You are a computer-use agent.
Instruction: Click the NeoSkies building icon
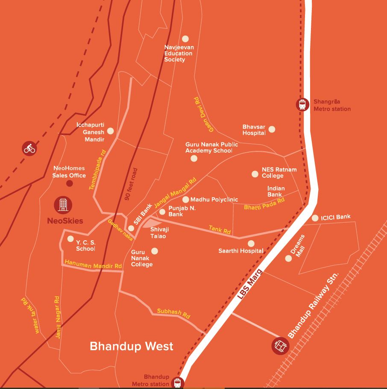(x=63, y=205)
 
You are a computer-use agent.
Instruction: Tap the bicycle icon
(x=29, y=149)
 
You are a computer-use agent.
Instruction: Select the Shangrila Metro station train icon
(x=303, y=104)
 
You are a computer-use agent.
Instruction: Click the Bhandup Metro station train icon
(x=177, y=383)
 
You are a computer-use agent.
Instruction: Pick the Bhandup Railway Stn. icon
(x=280, y=345)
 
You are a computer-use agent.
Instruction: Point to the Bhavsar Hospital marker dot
(x=272, y=129)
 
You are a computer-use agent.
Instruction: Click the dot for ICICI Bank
(x=315, y=218)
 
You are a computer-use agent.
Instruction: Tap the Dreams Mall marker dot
(x=288, y=258)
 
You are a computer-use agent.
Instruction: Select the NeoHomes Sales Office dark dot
(x=69, y=183)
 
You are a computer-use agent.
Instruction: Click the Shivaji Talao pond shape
(x=150, y=223)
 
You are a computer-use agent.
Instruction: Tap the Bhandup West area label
(x=132, y=346)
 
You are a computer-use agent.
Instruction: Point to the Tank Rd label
(x=220, y=230)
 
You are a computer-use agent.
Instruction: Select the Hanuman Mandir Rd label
(x=93, y=264)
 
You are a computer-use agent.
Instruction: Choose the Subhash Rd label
(x=173, y=313)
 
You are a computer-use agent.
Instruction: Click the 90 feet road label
(x=130, y=184)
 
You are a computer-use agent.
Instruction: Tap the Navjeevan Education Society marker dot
(x=185, y=39)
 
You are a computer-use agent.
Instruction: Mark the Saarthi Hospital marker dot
(x=251, y=244)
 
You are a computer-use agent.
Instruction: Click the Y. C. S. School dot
(x=70, y=239)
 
